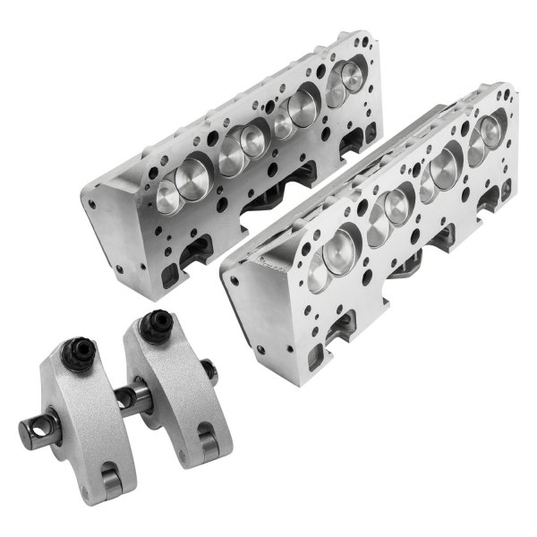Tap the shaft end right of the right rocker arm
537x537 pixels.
[x=208, y=368]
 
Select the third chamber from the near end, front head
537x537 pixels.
[x=439, y=170]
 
